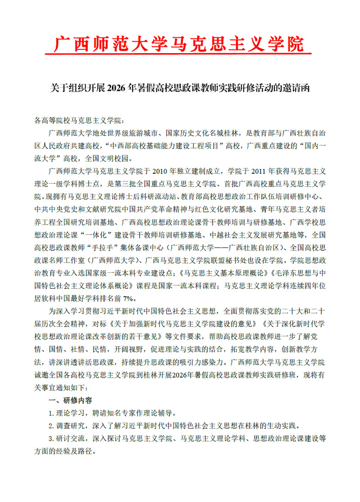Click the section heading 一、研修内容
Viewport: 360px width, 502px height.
pos(71,400)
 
